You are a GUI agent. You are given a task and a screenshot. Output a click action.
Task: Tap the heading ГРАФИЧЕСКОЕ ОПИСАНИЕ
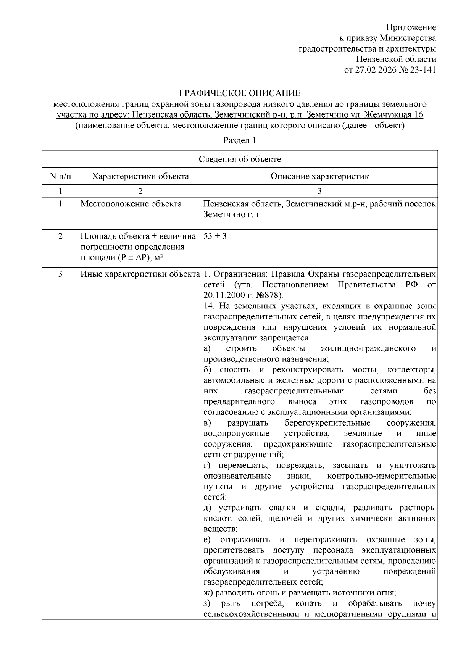pos(240,93)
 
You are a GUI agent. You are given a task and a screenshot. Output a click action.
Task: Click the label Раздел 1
pos(239,140)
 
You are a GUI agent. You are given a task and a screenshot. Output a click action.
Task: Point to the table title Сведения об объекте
pos(240,159)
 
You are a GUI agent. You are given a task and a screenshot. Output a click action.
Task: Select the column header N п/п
pos(60,176)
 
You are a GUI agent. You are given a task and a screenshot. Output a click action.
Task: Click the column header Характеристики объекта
pos(140,176)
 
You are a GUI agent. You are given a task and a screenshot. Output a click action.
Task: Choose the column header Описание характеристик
pos(319,176)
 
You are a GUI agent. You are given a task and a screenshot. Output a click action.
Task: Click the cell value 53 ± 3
pos(215,236)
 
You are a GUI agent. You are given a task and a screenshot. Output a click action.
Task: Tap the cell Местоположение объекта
pos(131,204)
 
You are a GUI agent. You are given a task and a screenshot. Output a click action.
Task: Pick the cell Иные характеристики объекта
pos(140,274)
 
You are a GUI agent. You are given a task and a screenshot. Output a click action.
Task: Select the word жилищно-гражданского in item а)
pos(368,348)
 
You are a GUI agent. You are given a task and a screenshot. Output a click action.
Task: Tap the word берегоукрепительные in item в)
pos(327,423)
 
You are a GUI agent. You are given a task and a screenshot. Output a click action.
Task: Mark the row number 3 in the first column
pos(60,274)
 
